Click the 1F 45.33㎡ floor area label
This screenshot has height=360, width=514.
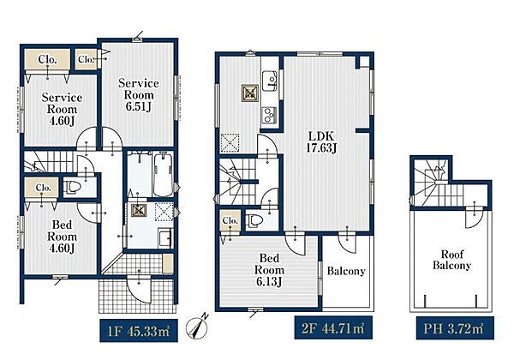pos(139,331)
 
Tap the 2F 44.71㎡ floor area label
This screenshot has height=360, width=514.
pos(333,327)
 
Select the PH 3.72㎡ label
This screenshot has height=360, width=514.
pos(455,328)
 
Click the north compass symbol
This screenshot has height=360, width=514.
pos(197,327)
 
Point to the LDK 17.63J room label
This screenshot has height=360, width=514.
pos(321,141)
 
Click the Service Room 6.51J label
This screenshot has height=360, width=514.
pos(138,95)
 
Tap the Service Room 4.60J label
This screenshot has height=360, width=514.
pos(62,109)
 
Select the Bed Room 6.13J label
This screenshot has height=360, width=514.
pos(269,270)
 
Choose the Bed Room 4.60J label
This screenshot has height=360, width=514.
pos(62,237)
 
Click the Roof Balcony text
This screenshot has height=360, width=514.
pos(451,260)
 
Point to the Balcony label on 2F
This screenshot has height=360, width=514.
pos(346,271)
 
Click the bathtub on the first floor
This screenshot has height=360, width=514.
pos(163,174)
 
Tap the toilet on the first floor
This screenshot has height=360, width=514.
pos(74,187)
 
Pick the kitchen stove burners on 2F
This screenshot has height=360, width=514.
pos(269,114)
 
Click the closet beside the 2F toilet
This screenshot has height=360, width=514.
pos(230,220)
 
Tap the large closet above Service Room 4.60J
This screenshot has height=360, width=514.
pos(47,59)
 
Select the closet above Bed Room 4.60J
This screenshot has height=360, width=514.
pos(42,188)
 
